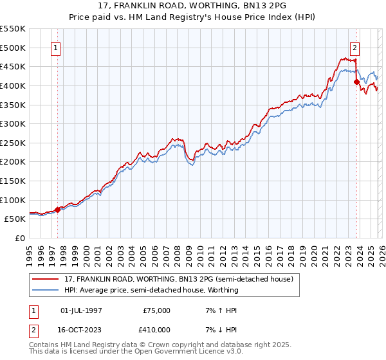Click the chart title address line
pos(193,6)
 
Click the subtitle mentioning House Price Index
pos(193,16)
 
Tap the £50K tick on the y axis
pos(15,219)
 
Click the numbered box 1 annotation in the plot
pos(56,47)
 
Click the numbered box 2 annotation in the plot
pos(354,47)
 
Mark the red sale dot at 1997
pos(58,209)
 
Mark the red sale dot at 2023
pos(356,82)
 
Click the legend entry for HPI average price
pos(151,290)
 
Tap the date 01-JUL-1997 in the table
pos(81,310)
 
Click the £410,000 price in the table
pos(156,330)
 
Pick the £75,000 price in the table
pos(156,310)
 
